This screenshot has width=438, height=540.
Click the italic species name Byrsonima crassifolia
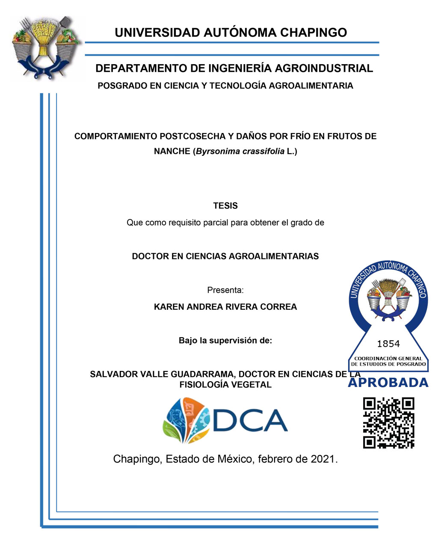pyautogui.click(x=240, y=151)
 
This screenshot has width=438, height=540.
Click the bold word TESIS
pyautogui.click(x=225, y=206)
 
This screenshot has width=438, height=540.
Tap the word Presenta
pyautogui.click(x=225, y=290)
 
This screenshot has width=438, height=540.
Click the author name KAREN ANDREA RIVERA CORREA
pyautogui.click(x=225, y=307)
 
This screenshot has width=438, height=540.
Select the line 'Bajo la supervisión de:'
pyautogui.click(x=225, y=341)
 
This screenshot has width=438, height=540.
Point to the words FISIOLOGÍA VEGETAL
pyautogui.click(x=225, y=385)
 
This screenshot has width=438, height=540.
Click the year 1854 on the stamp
pyautogui.click(x=388, y=344)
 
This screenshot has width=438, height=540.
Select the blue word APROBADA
pyautogui.click(x=388, y=383)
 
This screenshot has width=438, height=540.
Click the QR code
pyautogui.click(x=388, y=422)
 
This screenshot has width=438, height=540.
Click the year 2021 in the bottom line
pyautogui.click(x=323, y=459)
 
